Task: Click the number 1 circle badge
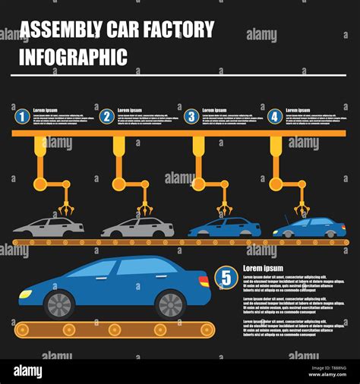click(x=22, y=117)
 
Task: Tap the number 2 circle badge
click(x=107, y=117)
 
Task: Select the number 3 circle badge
click(x=191, y=117)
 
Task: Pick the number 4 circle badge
click(x=275, y=117)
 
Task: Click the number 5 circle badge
click(x=226, y=278)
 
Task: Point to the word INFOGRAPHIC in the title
click(x=73, y=57)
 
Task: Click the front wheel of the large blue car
click(x=58, y=304)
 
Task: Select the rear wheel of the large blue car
click(x=170, y=304)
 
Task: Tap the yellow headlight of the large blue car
click(x=26, y=294)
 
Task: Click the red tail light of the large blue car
click(x=204, y=282)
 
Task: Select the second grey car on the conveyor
click(x=137, y=227)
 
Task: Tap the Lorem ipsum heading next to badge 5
click(x=263, y=269)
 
